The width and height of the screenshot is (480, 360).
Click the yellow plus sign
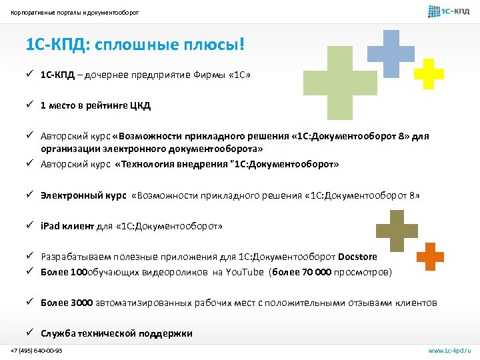coord(429,74)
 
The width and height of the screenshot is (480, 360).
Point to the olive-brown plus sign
coord(397,231)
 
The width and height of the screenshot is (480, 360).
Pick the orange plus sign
coord(430,255)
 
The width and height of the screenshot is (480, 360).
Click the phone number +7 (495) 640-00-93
coord(37,350)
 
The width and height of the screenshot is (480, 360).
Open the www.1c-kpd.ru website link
coord(449,350)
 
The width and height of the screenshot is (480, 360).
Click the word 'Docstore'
coord(358,257)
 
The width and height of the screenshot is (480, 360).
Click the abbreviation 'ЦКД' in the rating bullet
coord(141,105)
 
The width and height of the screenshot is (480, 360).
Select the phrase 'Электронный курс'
coord(83,195)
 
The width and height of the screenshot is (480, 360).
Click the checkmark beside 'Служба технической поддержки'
coord(31,333)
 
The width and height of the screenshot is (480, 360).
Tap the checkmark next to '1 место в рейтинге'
coord(31,105)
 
